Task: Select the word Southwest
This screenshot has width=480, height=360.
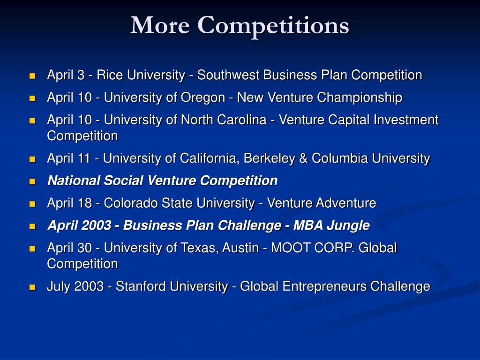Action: point(228,75)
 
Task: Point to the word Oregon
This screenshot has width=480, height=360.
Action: point(203,97)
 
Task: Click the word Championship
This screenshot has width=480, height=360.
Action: point(360,97)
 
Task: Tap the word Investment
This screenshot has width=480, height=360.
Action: point(406,120)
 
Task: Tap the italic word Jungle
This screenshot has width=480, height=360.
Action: point(348,225)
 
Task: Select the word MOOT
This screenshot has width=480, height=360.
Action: point(286,247)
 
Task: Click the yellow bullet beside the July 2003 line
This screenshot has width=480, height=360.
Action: point(32,287)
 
